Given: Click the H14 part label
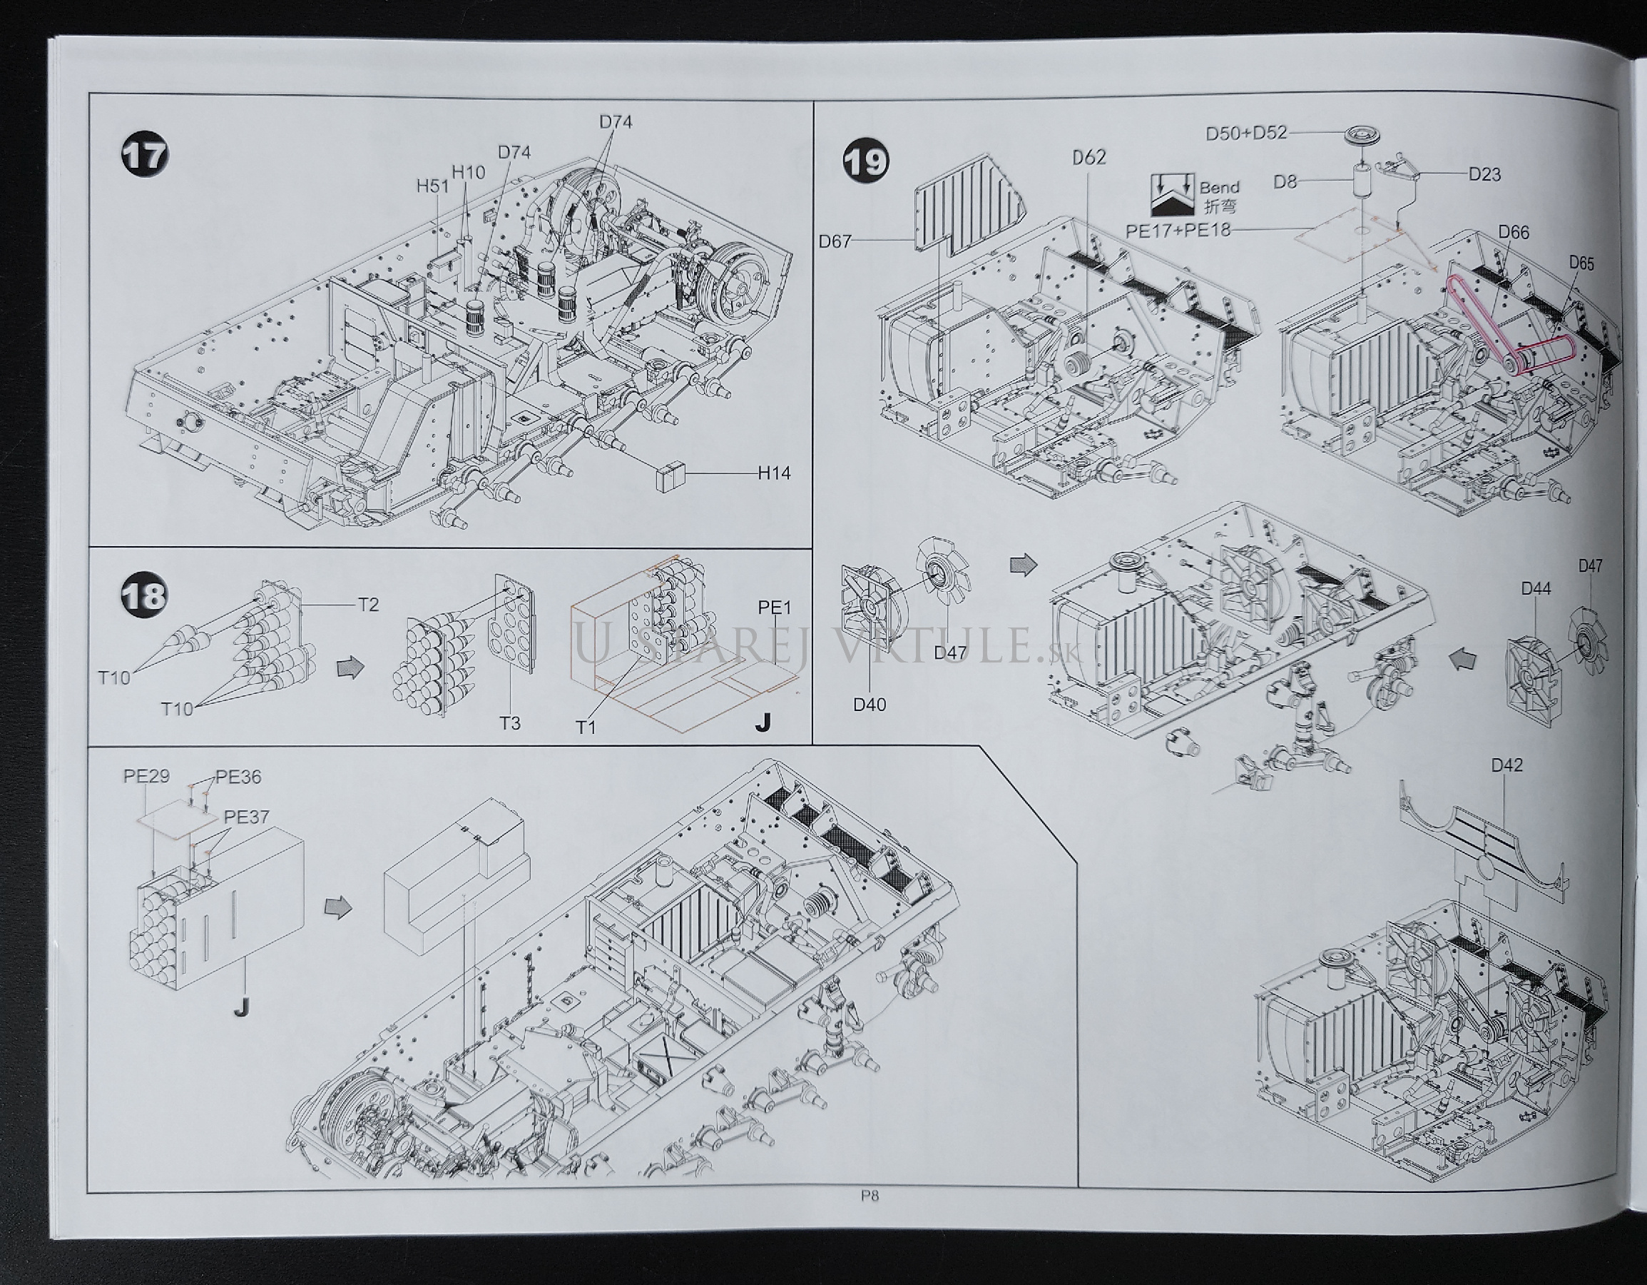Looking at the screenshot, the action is [775, 474].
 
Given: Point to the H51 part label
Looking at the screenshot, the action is [432, 186].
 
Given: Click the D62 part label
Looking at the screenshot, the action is [1089, 157].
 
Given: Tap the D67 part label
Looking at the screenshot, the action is [835, 241].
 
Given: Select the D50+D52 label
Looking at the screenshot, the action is [1246, 134].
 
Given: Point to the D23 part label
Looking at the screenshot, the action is [1484, 173].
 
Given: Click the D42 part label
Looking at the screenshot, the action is [1506, 765].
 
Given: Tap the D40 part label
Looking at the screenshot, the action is [870, 704].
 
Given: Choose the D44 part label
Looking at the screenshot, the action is [1536, 588].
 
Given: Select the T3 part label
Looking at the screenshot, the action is [510, 723].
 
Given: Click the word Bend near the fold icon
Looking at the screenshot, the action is [1220, 187].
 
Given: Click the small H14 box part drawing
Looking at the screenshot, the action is [668, 476].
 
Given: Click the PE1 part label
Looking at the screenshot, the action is [775, 608].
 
